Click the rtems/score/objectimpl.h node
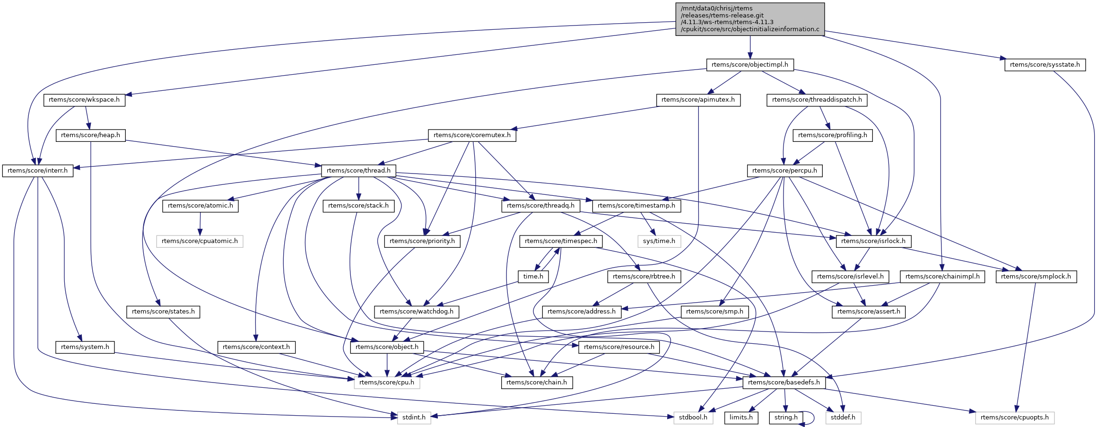point(749,65)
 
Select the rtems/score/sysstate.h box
point(1045,65)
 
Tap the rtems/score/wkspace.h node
point(84,100)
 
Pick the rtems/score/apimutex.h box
point(698,100)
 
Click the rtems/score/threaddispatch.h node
point(817,100)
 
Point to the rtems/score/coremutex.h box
point(472,135)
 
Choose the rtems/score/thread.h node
point(358,171)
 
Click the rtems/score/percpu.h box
point(784,171)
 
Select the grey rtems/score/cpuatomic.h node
point(200,241)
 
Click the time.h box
point(533,277)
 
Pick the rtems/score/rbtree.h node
point(644,277)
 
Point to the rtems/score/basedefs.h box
point(784,383)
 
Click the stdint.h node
point(414,418)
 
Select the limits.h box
point(740,418)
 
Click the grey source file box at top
point(749,19)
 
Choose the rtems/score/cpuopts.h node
point(1014,418)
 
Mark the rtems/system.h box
point(85,347)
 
